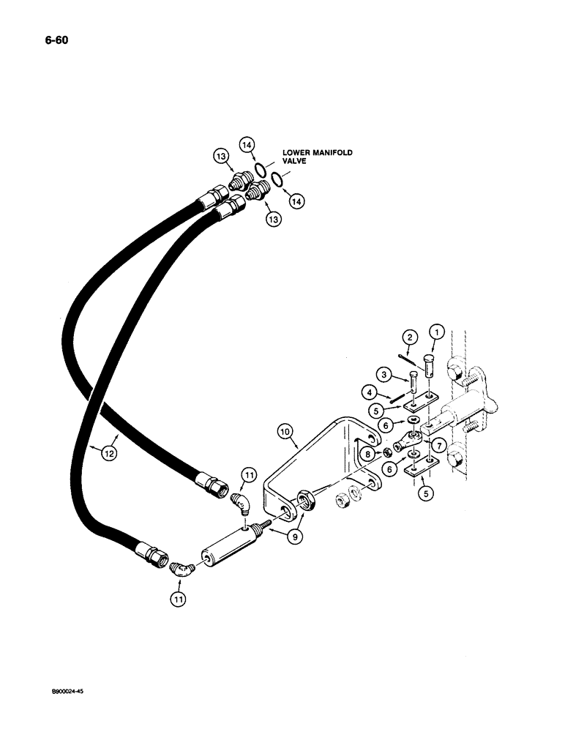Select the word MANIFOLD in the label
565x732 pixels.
coord(331,152)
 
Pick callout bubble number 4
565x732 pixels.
coord(375,392)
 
